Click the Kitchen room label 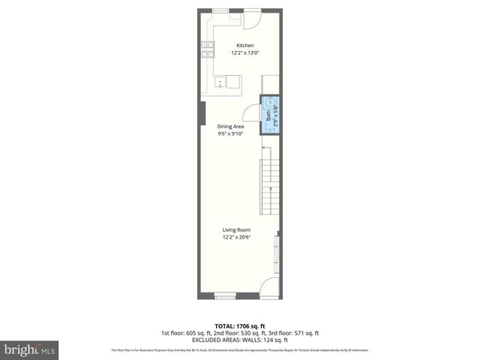245,45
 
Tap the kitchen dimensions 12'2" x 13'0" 245,52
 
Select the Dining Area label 230,127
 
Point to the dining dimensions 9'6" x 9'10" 230,135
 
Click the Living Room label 235,229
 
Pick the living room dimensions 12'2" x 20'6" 235,237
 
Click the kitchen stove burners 206,51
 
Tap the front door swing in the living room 269,289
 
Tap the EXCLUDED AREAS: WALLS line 240,340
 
